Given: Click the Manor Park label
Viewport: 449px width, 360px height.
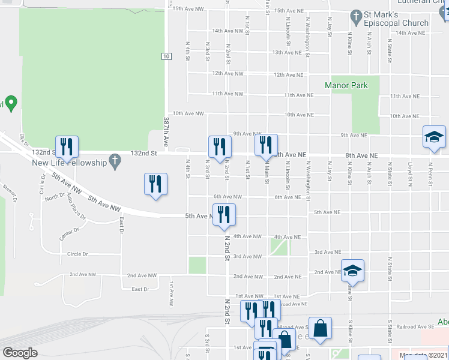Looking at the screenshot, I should [x=346, y=85].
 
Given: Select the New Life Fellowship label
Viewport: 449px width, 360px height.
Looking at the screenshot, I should [x=68, y=163].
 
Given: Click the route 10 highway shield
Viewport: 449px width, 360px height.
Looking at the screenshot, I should [x=166, y=56].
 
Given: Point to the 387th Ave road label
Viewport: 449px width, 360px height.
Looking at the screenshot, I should [x=166, y=132].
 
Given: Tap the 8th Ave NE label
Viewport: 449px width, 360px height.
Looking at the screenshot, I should [x=361, y=155].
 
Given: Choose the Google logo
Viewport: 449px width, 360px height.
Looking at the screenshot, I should [x=20, y=352].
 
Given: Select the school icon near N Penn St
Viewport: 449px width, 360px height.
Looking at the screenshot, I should [x=434, y=136].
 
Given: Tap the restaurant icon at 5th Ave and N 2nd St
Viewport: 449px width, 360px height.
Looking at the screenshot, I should [x=224, y=214].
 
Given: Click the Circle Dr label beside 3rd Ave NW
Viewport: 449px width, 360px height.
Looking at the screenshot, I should [x=77, y=254].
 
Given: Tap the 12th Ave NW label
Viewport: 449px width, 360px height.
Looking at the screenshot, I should [x=227, y=74].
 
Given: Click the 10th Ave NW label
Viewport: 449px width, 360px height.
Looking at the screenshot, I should [x=188, y=113].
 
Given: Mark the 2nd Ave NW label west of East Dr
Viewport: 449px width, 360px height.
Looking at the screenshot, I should [x=79, y=275].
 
